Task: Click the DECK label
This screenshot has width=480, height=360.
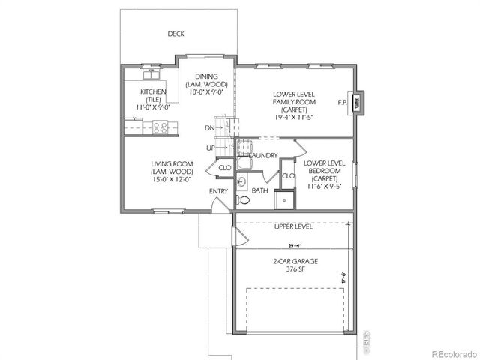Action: tap(176, 34)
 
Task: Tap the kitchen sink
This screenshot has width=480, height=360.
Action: tap(152, 74)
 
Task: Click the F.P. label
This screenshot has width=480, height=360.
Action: tap(343, 102)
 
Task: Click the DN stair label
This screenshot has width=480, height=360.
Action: tap(210, 128)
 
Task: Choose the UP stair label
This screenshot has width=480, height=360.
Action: tap(211, 148)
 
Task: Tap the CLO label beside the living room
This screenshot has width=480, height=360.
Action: tap(224, 168)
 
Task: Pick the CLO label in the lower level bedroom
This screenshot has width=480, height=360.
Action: tap(287, 175)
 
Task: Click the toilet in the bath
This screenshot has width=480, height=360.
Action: tap(242, 200)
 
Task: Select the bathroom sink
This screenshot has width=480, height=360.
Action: tap(241, 181)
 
